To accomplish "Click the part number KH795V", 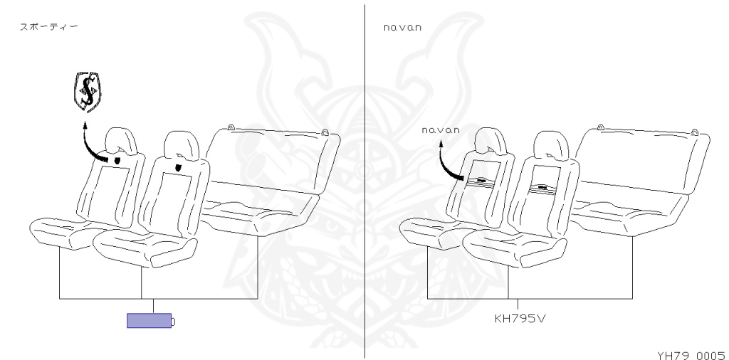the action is (x=520, y=317).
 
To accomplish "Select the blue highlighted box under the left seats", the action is (x=149, y=321).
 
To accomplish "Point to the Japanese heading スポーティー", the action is (x=49, y=27).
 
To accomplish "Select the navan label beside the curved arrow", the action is (x=441, y=130).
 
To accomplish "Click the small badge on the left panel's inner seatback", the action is (x=177, y=168).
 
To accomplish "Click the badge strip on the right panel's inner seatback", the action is (x=542, y=188).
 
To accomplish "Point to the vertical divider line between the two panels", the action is (x=364, y=178).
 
